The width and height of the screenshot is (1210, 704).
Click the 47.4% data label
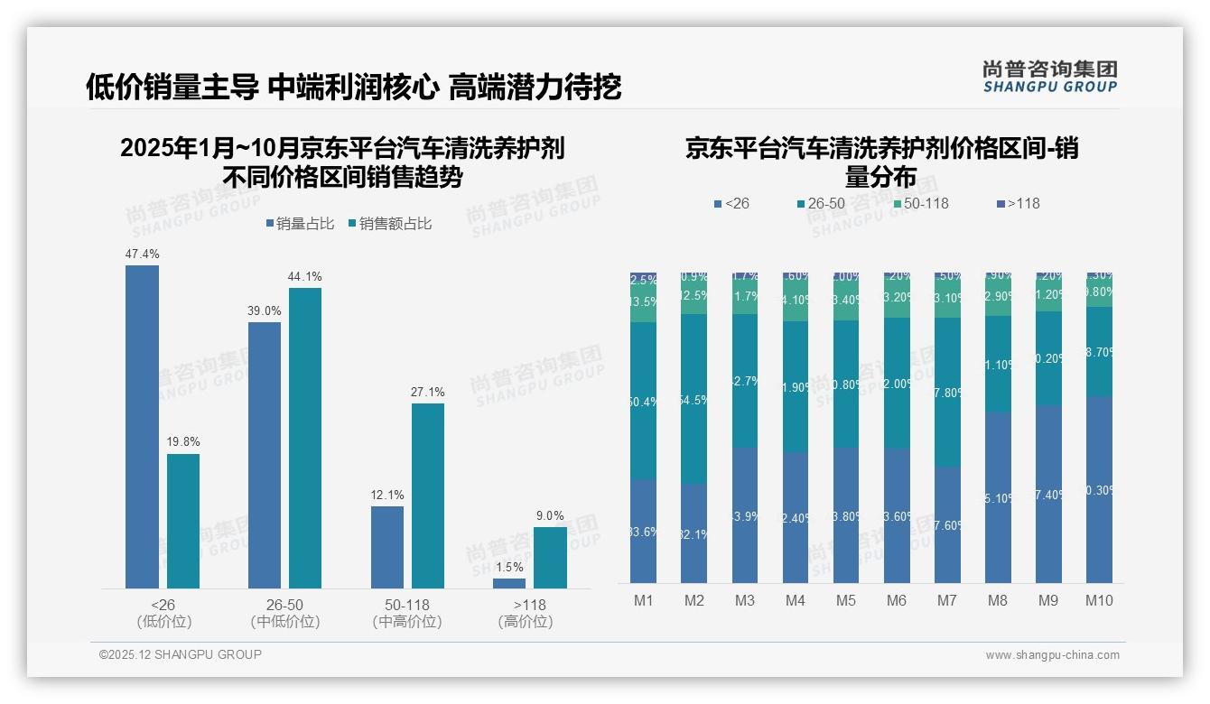coord(142,255)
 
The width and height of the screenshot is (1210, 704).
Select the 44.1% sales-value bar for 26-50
coord(305,438)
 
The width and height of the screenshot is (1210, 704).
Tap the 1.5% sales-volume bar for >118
coord(509,583)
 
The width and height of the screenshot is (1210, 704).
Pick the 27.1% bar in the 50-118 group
coord(428,496)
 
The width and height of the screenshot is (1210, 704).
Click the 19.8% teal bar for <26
coord(183,521)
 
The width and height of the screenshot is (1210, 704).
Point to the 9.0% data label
coord(550,516)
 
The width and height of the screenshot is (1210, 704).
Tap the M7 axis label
coord(946,601)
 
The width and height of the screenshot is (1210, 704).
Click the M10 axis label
coord(1098,601)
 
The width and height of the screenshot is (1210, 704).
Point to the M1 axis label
coord(643,601)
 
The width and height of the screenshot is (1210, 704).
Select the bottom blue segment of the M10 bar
coord(1098,489)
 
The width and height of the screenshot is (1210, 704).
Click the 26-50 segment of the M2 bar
coord(693,398)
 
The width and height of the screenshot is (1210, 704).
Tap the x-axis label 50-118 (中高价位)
coord(407,613)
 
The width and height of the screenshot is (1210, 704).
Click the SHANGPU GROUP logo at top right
coord(1049,77)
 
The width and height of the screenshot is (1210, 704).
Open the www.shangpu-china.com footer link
coord(1052,655)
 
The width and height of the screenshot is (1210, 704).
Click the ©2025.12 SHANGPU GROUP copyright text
coord(181,654)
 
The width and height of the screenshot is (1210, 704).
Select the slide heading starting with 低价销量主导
coord(353,88)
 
